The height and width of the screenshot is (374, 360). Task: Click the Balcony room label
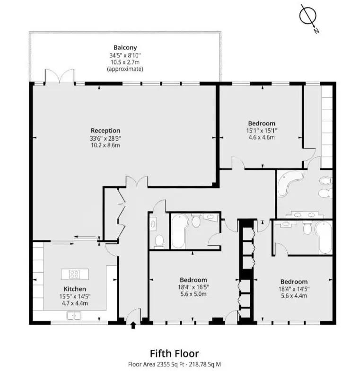point(125,47)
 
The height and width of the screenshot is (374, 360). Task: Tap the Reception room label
point(105,131)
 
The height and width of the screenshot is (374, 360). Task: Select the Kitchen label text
point(75,289)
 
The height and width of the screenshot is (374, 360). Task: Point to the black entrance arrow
point(133,325)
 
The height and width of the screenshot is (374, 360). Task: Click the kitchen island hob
point(74,274)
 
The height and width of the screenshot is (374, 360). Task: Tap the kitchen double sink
point(74,315)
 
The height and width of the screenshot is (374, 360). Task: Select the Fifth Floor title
point(174,353)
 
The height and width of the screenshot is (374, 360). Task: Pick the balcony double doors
point(59,76)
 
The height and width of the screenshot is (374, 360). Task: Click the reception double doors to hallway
point(137,182)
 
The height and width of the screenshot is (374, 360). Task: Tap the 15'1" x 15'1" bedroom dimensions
point(262,131)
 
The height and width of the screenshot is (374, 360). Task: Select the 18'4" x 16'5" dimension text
point(193,287)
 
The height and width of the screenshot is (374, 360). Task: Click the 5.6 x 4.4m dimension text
point(294,296)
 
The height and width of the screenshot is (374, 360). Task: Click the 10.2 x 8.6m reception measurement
point(105,145)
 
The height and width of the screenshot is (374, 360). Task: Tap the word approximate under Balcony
point(125,69)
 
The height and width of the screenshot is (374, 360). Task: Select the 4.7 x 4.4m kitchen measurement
point(75,303)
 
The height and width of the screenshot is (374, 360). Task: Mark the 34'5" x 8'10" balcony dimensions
point(125,55)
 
